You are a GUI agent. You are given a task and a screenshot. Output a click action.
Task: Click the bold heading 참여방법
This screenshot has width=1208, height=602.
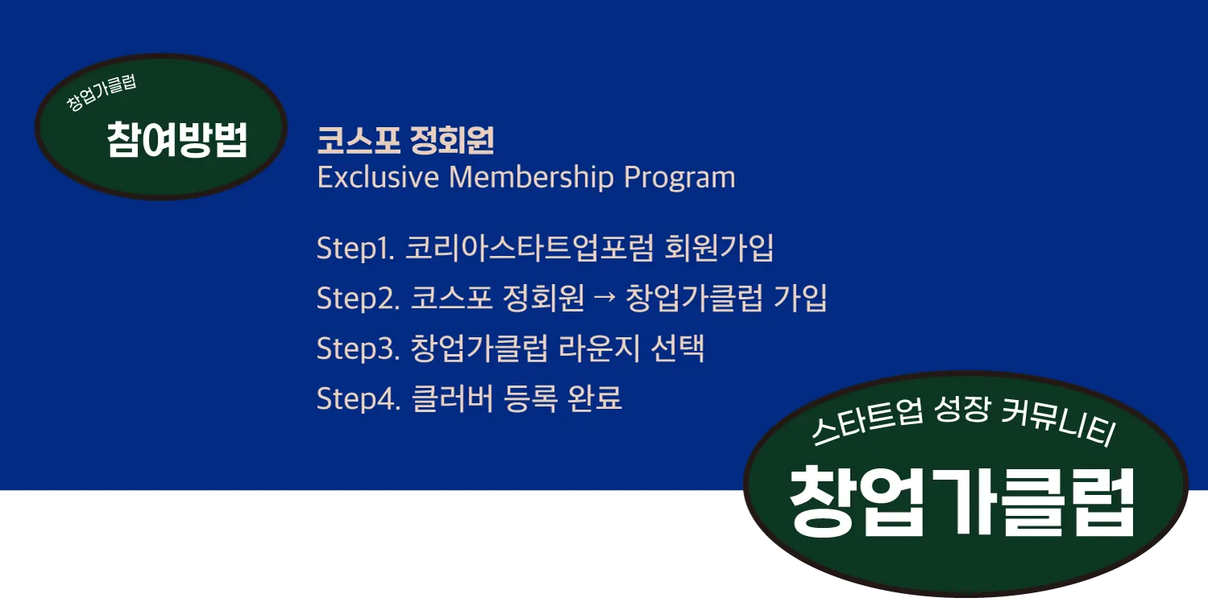coord(177,139)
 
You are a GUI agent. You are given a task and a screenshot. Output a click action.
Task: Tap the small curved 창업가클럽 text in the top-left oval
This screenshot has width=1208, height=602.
coord(101,93)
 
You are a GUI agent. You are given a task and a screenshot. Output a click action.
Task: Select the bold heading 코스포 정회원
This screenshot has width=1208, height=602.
coord(405,140)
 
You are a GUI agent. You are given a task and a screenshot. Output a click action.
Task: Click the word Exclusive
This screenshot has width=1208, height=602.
coord(378,177)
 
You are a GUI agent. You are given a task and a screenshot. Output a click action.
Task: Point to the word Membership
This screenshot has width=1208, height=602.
coord(532,177)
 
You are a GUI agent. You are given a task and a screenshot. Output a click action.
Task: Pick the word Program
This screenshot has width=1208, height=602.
coord(680,178)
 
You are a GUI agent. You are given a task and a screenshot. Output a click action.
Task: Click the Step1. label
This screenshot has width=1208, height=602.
coord(356,249)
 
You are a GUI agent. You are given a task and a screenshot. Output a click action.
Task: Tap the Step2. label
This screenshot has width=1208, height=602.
coord(358,298)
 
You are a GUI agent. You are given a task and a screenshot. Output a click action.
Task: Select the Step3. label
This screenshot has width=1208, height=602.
coord(358,348)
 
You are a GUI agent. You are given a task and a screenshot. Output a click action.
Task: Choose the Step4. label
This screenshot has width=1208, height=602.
coord(358,398)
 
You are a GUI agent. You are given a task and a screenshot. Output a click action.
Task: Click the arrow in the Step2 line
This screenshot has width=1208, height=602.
coord(604,298)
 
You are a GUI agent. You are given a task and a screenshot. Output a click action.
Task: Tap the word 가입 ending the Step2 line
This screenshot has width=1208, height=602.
coord(801,298)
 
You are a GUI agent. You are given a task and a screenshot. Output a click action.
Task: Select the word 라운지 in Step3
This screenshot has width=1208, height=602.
coord(599,348)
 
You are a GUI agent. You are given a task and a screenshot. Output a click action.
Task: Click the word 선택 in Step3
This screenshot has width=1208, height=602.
coord(677,348)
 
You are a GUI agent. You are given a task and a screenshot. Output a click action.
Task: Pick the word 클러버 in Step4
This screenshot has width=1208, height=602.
coord(453,398)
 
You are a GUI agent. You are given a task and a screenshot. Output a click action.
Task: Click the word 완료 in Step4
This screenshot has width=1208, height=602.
coord(595,398)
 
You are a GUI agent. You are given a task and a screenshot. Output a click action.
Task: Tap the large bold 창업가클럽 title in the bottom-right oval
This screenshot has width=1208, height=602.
coord(962,501)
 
